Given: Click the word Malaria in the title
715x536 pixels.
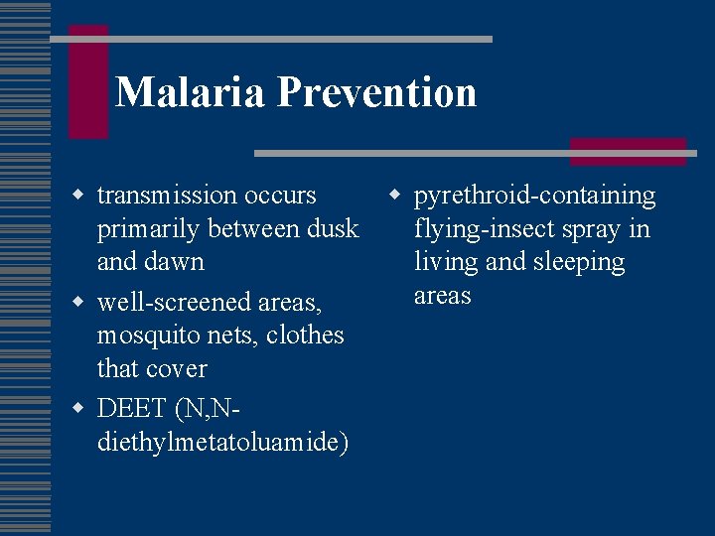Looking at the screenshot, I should coord(191,92).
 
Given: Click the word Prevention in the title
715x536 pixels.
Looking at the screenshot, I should coord(376,92).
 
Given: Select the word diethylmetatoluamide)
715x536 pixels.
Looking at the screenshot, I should coord(222,442).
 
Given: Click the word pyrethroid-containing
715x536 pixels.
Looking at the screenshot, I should coord(534,196).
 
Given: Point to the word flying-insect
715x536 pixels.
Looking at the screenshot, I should coord(486,228).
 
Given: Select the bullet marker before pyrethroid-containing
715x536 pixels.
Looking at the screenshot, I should coord(394,194).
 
